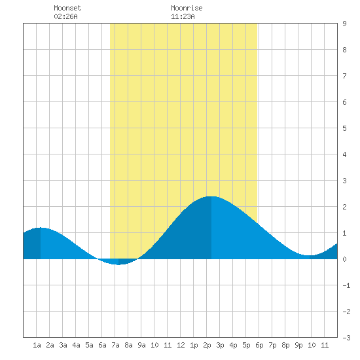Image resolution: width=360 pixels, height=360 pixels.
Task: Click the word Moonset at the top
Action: pos(67,8)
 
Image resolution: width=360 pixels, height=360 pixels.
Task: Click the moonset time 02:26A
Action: pos(65,16)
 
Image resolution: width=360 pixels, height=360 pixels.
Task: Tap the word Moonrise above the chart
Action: pos(187,8)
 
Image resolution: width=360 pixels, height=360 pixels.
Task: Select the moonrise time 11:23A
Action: pos(183,16)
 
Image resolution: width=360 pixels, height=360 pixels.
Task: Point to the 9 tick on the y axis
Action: pos(344,24)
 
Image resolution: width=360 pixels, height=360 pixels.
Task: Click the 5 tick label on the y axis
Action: pos(344,128)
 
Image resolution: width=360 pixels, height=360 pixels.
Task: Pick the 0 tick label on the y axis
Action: pos(344,259)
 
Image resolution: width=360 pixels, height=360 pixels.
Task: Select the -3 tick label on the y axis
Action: pos(346,338)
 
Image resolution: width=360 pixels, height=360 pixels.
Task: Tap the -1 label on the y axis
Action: pos(346,285)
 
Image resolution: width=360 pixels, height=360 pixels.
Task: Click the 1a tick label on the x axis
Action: pos(37,345)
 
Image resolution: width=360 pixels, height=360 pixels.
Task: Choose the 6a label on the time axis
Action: pos(102,345)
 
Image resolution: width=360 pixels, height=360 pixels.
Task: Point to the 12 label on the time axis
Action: pos(181,345)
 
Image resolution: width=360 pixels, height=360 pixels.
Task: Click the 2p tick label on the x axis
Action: pos(207,345)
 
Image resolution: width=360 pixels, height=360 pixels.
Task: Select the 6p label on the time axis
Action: pos(259,345)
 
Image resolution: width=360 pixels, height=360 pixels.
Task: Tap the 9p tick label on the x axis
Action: pos(298,345)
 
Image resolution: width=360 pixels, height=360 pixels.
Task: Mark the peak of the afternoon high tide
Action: pos(211,196)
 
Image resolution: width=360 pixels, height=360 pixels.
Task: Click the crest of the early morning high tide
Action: pos(41,228)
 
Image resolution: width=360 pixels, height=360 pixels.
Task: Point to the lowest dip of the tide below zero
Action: pos(118,264)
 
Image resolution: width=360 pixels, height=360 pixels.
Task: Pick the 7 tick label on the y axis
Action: pos(344,76)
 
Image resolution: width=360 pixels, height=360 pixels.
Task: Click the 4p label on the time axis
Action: pos(233,345)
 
